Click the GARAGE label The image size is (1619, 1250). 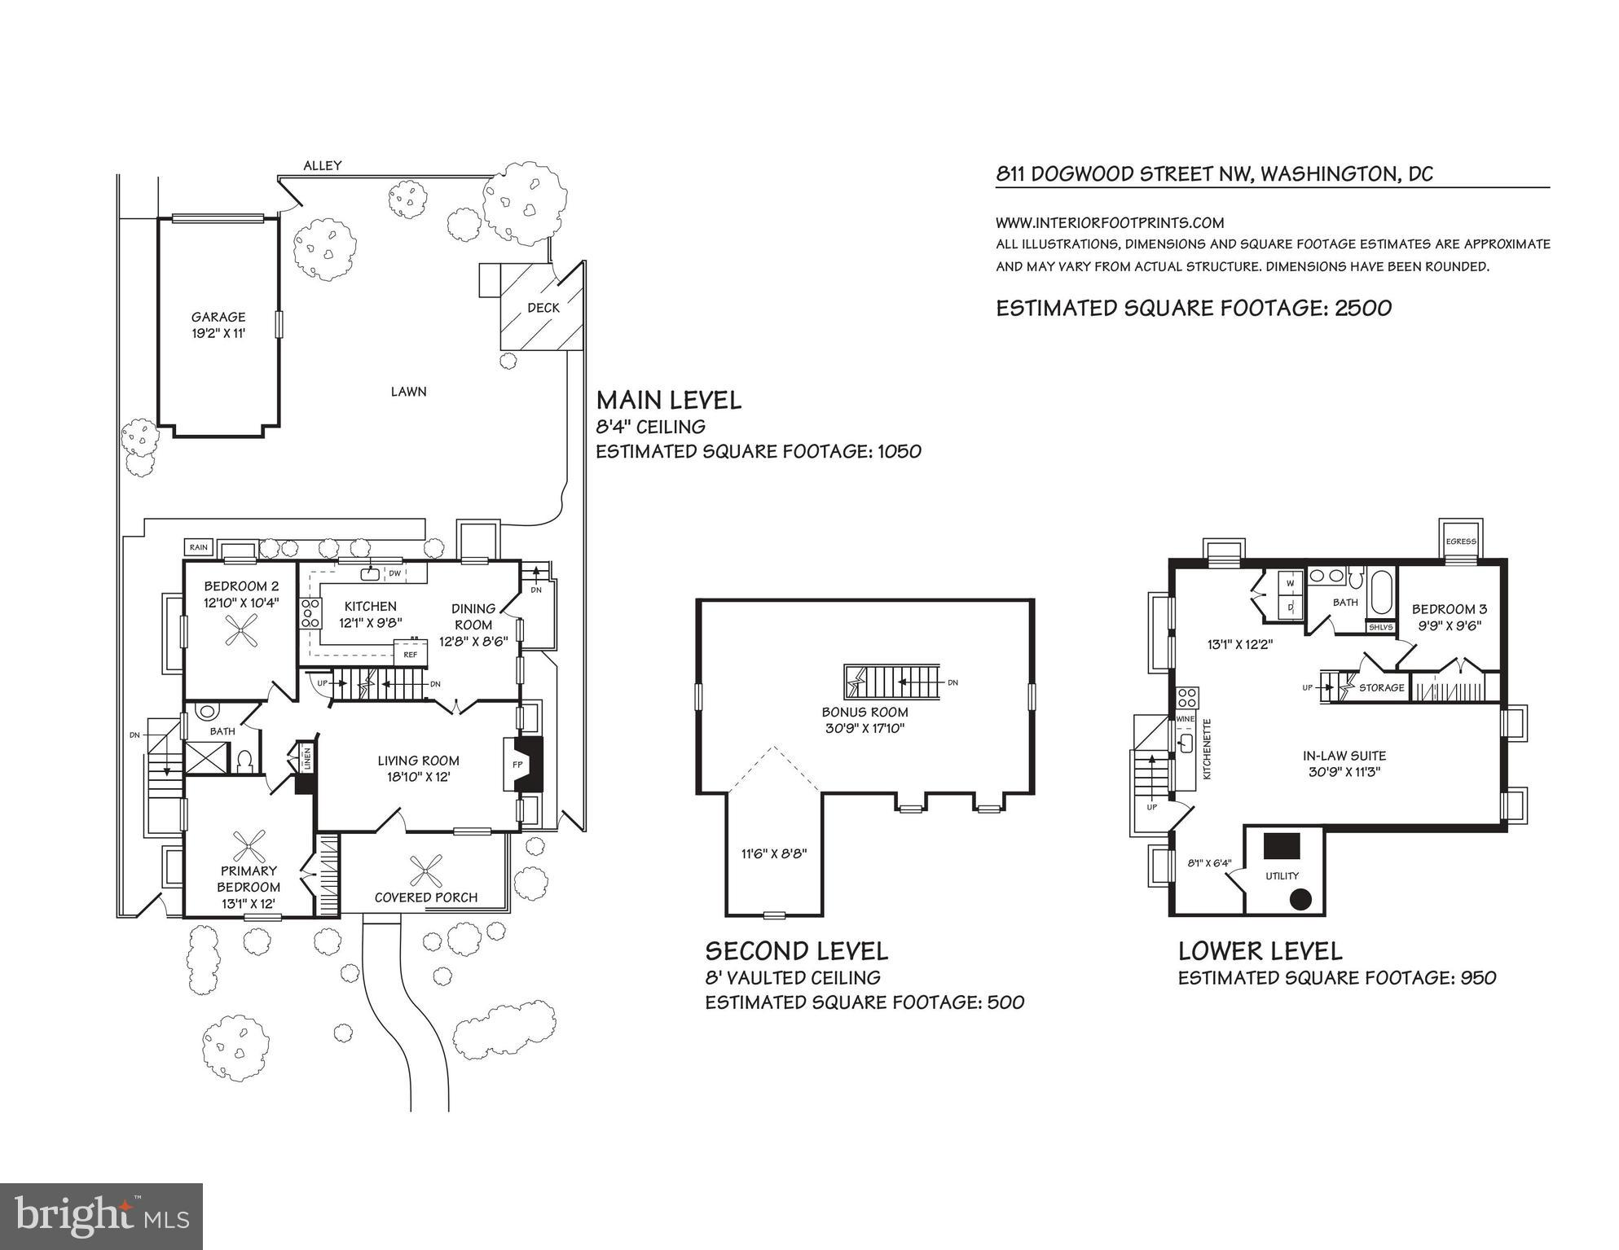click(x=218, y=317)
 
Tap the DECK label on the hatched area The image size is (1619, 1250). click(x=543, y=308)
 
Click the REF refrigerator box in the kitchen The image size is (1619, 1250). click(x=411, y=654)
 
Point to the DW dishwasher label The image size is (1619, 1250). click(x=394, y=573)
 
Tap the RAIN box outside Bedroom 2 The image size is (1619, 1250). click(x=199, y=547)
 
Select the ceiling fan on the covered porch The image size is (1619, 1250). click(x=426, y=871)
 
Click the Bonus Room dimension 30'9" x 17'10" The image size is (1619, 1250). click(x=864, y=728)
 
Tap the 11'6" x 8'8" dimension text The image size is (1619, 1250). click(x=774, y=853)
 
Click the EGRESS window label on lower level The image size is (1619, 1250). click(x=1461, y=542)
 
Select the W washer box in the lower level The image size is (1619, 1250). click(x=1290, y=584)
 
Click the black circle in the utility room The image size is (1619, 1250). click(x=1300, y=900)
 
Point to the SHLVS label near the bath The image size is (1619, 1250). click(x=1381, y=627)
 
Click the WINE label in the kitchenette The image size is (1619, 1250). click(x=1185, y=719)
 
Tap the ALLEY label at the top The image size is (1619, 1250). click(x=323, y=165)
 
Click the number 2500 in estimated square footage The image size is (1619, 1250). click(x=1363, y=308)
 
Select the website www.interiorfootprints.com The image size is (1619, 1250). click(x=1110, y=222)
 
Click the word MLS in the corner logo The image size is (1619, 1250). click(x=166, y=1219)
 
